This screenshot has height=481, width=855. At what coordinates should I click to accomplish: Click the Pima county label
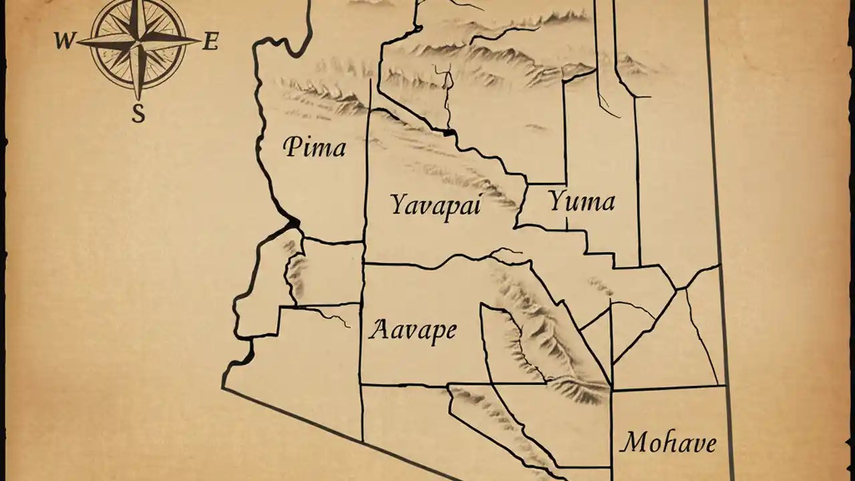pos(315,146)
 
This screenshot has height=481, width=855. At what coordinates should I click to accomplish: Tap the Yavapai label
pos(436,204)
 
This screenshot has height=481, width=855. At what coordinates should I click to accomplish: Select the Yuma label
pos(581,200)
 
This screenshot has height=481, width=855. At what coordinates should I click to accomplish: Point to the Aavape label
pos(413,329)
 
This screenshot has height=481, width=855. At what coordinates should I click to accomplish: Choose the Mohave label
pos(668,442)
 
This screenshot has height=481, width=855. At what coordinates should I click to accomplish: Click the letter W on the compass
pos(64,41)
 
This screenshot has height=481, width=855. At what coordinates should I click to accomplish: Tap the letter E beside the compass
pos(210,42)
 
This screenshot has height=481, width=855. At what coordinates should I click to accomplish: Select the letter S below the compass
pos(138,114)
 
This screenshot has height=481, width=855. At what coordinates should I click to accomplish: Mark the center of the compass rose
pos(138,41)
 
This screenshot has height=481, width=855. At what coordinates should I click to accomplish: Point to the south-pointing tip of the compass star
pos(138,99)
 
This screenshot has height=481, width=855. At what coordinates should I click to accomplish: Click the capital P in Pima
pos(291,146)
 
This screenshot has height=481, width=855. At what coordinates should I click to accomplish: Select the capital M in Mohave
pos(632,442)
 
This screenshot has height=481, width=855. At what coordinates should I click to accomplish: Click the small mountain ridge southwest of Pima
pos(294,267)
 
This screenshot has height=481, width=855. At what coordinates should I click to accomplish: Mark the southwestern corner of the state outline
pos(223,386)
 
